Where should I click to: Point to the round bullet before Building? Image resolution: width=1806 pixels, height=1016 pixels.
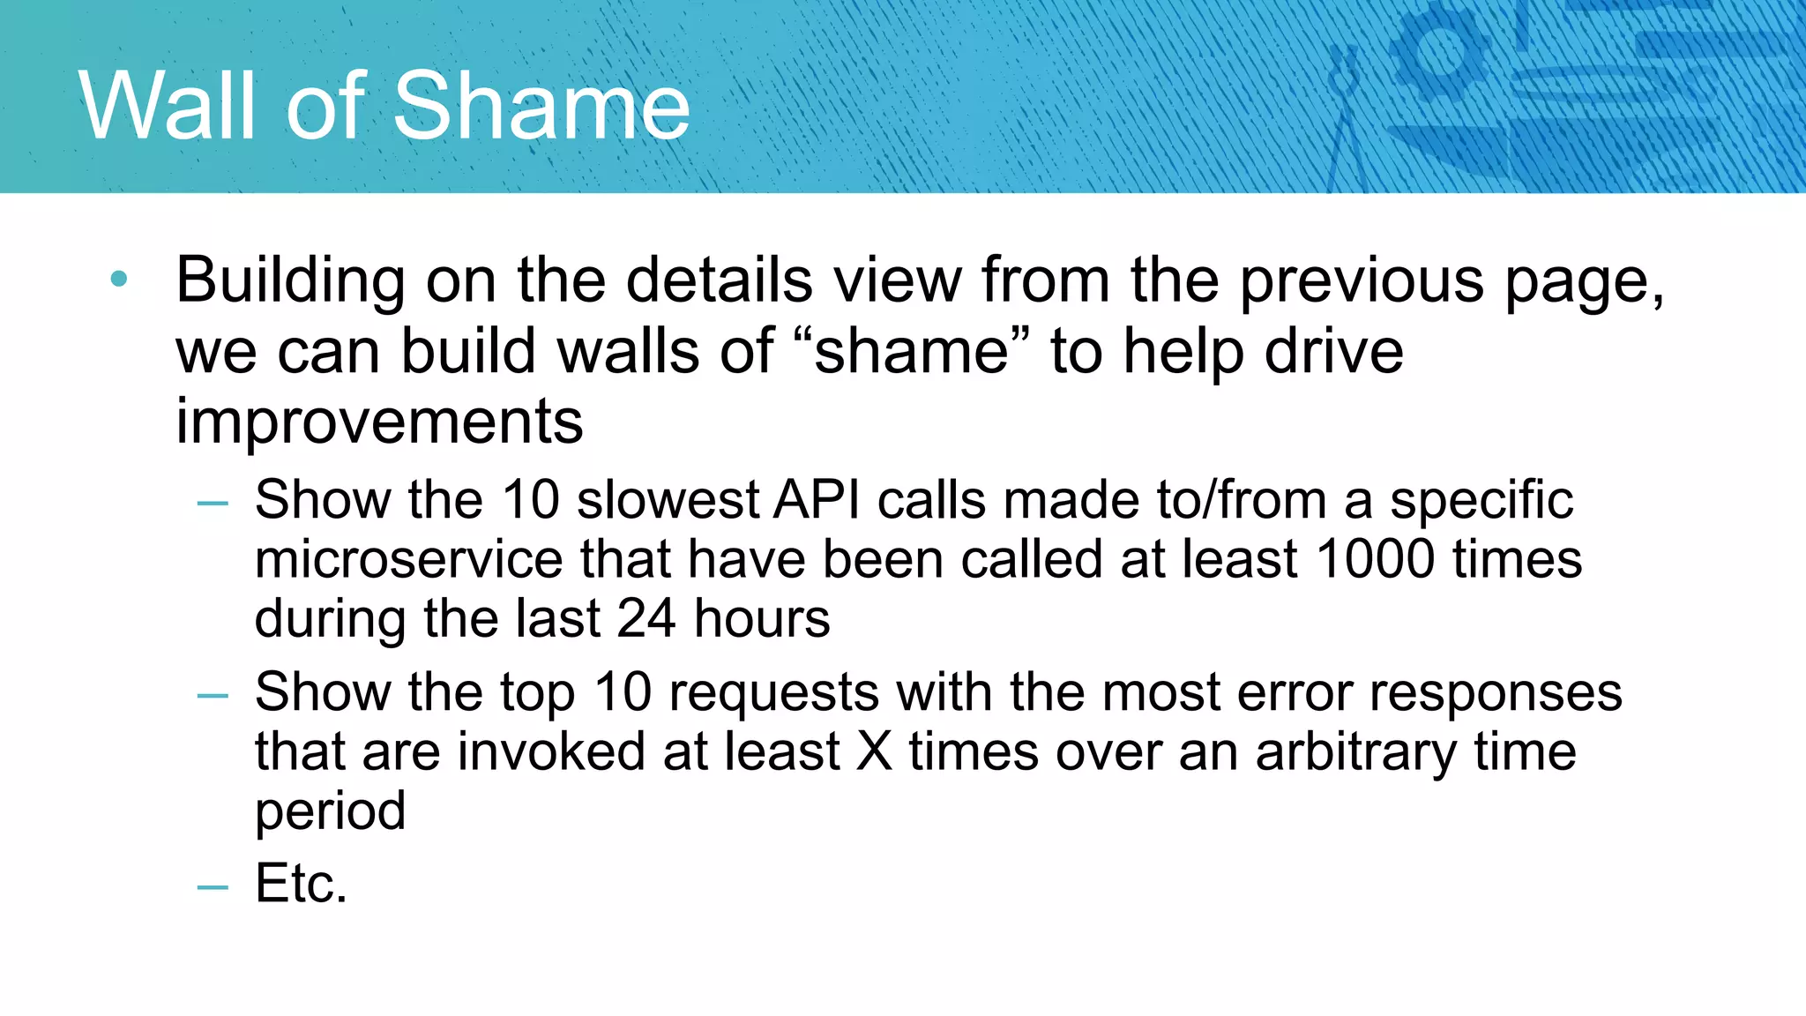119,280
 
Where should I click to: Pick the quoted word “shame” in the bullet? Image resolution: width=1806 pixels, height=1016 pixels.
912,351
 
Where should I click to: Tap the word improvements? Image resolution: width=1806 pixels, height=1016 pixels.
379,421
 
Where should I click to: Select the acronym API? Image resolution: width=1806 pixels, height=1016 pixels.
817,500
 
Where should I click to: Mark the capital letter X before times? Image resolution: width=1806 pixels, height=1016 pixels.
875,751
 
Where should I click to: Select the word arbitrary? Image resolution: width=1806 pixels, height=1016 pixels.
1356,753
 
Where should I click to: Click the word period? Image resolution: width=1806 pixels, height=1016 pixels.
330,811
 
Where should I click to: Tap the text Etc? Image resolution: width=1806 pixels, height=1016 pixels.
301,883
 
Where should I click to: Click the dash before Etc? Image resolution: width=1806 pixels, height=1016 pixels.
213,886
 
